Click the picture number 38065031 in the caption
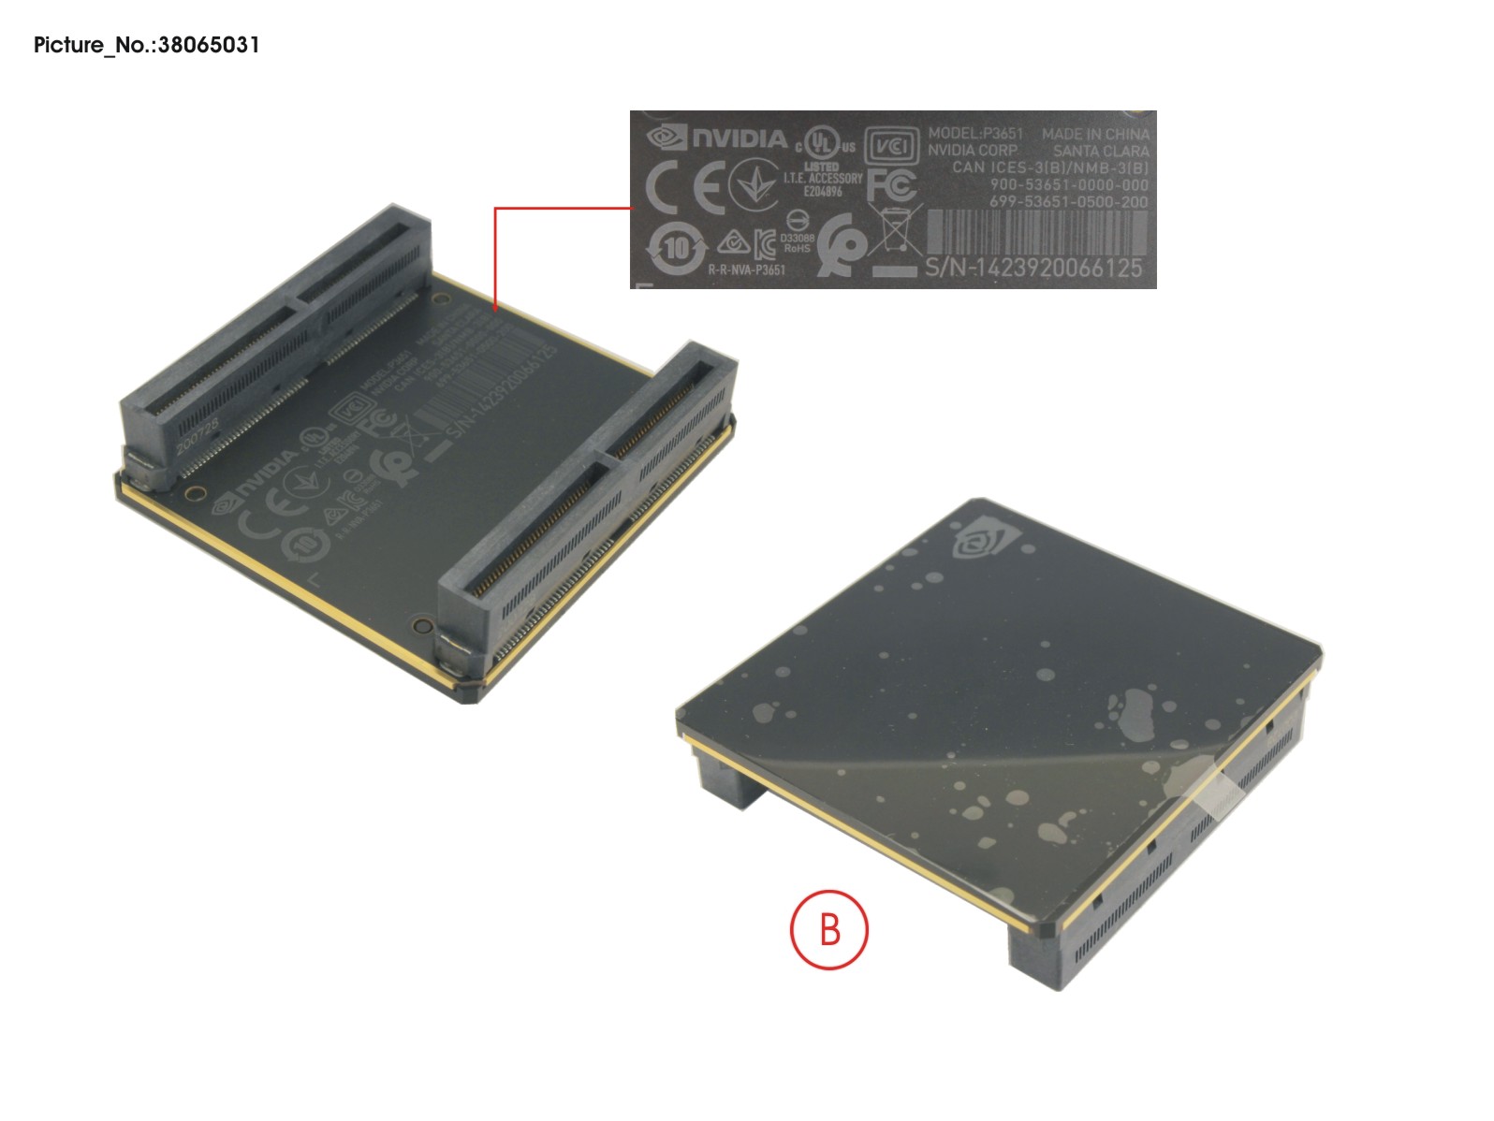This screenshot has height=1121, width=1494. [x=209, y=45]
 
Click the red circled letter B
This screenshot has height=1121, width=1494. [x=829, y=930]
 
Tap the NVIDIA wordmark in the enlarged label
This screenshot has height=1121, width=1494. [x=740, y=139]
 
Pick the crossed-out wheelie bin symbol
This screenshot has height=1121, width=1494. [x=895, y=227]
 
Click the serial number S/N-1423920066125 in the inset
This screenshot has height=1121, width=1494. [x=1033, y=269]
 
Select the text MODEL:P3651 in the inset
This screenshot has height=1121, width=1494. [x=975, y=133]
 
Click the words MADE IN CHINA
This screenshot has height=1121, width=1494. [x=1095, y=134]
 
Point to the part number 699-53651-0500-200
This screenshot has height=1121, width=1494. [x=1068, y=202]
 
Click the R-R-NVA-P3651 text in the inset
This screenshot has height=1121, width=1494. [x=746, y=270]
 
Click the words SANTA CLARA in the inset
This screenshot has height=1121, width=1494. [x=1101, y=151]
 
